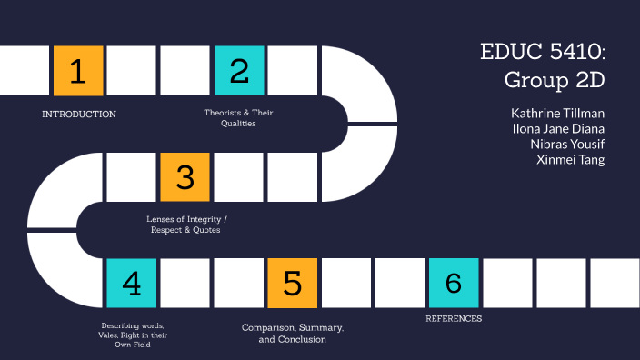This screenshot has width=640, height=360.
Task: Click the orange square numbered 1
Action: point(78,70)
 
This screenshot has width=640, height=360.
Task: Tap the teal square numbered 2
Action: point(239,70)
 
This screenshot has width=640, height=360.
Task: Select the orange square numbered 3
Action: point(185,176)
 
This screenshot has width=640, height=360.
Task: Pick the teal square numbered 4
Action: point(132,283)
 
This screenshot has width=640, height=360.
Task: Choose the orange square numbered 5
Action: point(293,283)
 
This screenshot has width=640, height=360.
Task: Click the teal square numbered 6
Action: point(454,283)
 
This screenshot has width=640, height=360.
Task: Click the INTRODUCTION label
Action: point(79,115)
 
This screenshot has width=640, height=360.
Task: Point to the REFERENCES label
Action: point(454,319)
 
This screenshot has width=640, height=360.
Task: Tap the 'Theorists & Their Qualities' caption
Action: point(238,118)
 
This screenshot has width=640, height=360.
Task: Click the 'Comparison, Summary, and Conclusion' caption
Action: point(293,333)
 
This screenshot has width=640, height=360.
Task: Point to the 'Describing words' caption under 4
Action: point(132,335)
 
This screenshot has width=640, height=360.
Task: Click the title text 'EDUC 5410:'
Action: point(543,52)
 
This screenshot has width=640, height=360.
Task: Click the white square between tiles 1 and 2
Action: point(132,70)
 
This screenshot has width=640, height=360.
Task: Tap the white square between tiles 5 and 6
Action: point(346,283)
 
